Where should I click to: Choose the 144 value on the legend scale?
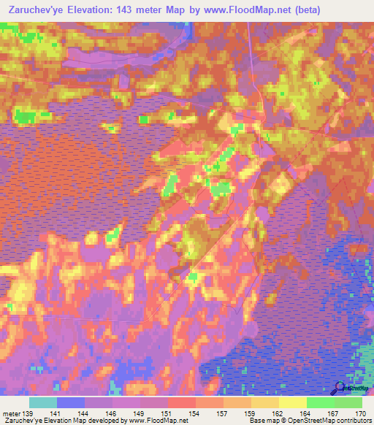pyautogui.click(x=85, y=413)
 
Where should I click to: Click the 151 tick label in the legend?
pyautogui.click(x=168, y=413)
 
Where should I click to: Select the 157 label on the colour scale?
pyautogui.click(x=223, y=413)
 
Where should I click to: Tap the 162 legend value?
pyautogui.click(x=278, y=413)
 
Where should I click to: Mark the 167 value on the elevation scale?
pyautogui.click(x=334, y=413)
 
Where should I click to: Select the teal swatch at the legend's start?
pyautogui.click(x=43, y=402)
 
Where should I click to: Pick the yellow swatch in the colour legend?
pyautogui.click(x=293, y=402)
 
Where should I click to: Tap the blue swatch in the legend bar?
pyautogui.click(x=71, y=402)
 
